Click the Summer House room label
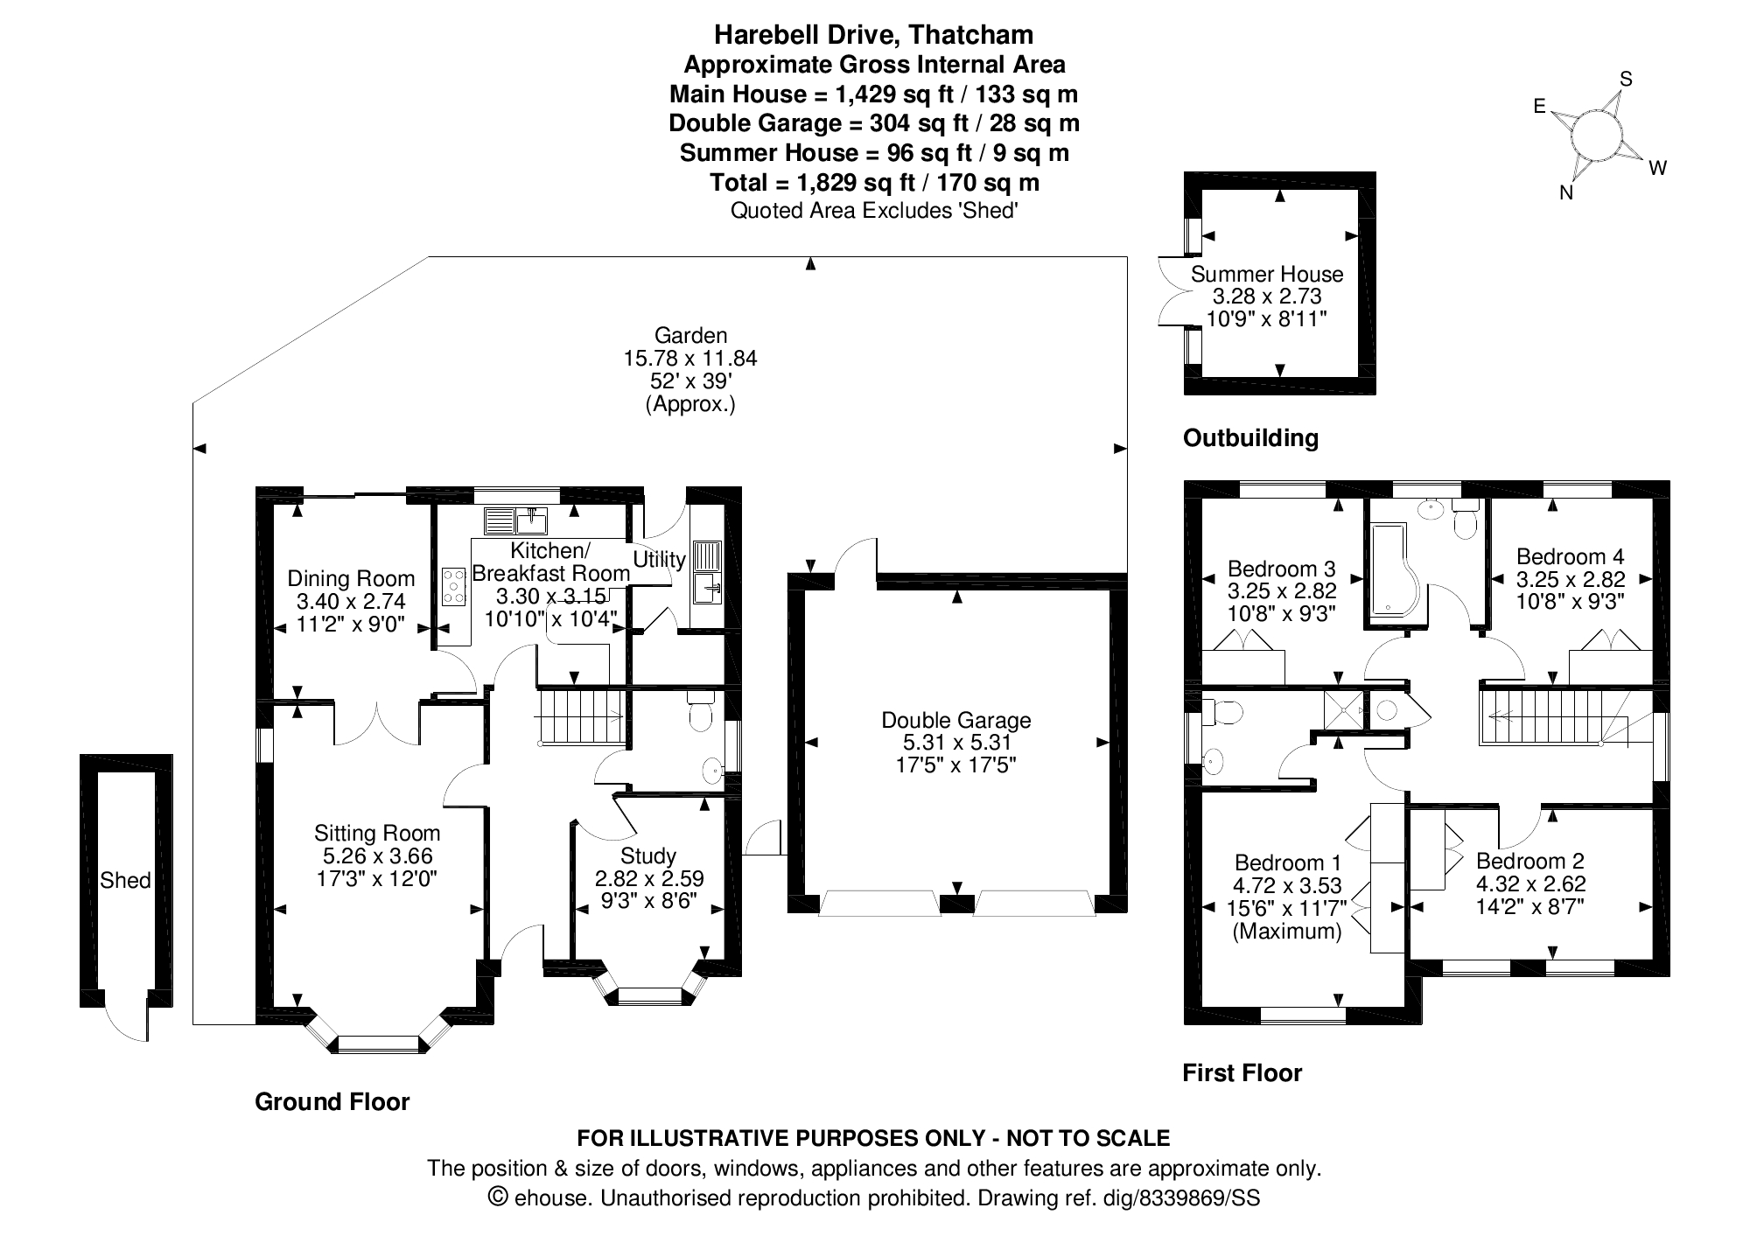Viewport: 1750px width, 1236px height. point(1266,274)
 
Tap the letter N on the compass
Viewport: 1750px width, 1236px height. point(1566,194)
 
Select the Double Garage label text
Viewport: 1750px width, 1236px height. point(955,720)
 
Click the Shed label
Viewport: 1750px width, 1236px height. point(125,880)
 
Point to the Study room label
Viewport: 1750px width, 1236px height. point(648,855)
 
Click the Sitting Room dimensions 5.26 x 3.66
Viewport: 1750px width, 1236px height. point(377,856)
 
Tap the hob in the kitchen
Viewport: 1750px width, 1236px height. point(454,586)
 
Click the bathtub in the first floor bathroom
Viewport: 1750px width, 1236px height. point(1396,569)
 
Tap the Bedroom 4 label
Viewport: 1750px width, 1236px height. point(1570,556)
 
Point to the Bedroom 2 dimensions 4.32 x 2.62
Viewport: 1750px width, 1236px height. point(1530,884)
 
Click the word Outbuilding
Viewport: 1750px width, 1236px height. point(1249,437)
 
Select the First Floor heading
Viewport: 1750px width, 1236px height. point(1242,1072)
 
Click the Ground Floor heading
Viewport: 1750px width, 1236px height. point(332,1101)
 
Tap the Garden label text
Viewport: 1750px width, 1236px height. point(690,335)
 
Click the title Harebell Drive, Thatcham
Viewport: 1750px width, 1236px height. point(873,35)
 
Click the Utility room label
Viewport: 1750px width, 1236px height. point(659,559)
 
